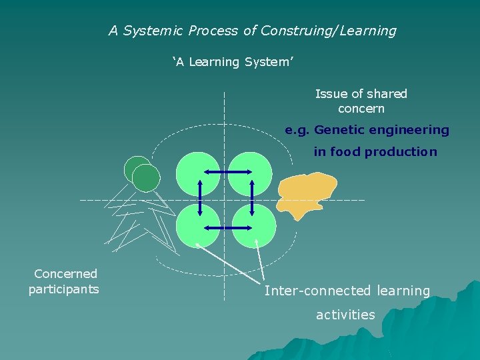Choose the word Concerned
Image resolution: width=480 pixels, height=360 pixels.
coord(65,273)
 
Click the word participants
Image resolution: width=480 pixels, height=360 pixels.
coord(63,289)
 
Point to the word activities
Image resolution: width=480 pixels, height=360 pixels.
coord(345,315)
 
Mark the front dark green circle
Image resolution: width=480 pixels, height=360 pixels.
coord(146,178)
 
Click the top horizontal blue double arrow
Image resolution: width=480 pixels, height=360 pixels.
coord(226,173)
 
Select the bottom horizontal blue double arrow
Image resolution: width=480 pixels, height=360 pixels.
coord(226,228)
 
